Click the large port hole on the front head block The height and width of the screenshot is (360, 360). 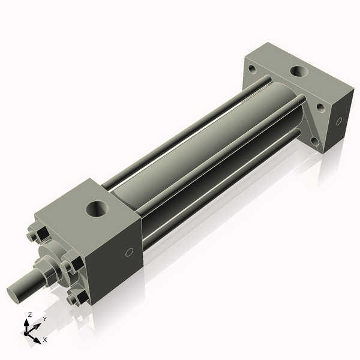[97, 209]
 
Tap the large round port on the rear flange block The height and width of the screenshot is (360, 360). [299, 71]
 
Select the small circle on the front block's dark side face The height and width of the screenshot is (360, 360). [129, 252]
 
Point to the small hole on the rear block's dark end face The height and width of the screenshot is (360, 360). [339, 121]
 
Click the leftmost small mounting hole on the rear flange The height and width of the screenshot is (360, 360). [253, 69]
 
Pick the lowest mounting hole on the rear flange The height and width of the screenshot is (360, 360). [315, 141]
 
